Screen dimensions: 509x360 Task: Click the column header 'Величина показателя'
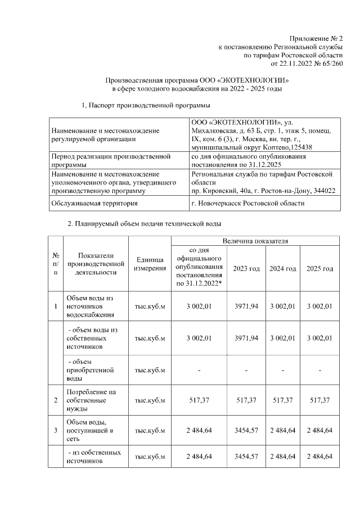pos(255,241)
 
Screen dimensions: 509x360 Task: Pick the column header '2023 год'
pos(246,269)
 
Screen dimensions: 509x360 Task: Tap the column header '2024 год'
pos(282,269)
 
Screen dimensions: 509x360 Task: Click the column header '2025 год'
pos(319,269)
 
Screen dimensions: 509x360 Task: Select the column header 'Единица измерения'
pos(150,264)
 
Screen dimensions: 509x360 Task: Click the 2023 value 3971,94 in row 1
pos(246,307)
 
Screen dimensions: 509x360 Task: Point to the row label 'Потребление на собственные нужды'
pos(90,399)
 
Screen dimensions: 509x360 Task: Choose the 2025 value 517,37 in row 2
pos(319,399)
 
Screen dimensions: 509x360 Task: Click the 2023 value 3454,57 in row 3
pos(246,430)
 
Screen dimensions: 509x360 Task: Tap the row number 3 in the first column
pos(55,430)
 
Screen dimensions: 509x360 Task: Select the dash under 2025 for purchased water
pos(319,370)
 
